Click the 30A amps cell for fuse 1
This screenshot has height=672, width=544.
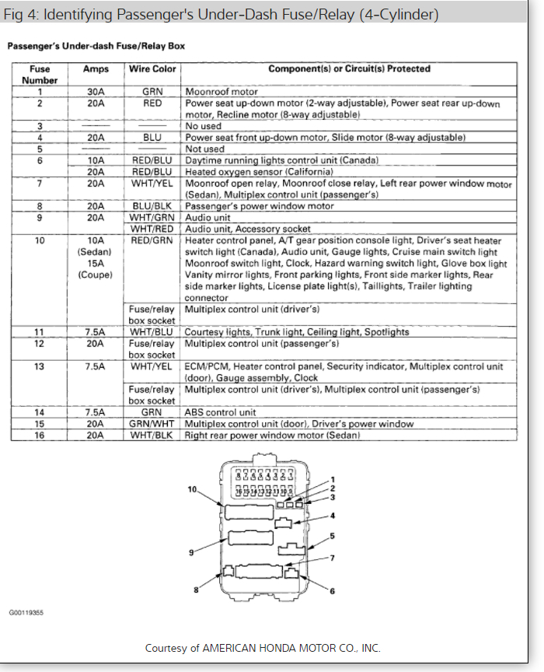pyautogui.click(x=96, y=92)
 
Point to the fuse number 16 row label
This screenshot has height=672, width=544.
pyautogui.click(x=40, y=436)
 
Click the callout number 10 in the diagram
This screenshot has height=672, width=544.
pyautogui.click(x=193, y=489)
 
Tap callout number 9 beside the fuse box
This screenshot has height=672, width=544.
pyautogui.click(x=190, y=551)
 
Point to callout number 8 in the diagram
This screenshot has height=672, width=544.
pyautogui.click(x=197, y=591)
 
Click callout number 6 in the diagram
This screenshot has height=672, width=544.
pyautogui.click(x=332, y=591)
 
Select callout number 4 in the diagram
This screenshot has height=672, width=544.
pyautogui.click(x=332, y=515)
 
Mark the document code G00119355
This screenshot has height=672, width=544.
pyautogui.click(x=26, y=613)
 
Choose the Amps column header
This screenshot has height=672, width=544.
pyautogui.click(x=96, y=69)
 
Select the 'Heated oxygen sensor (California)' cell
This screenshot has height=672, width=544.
pyautogui.click(x=249, y=172)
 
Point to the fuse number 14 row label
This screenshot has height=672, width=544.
pyautogui.click(x=40, y=412)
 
